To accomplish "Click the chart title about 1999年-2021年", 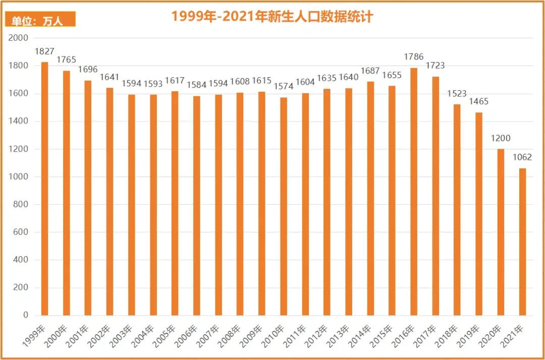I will point(272,17).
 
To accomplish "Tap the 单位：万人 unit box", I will point(40,20).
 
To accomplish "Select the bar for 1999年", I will point(44,189).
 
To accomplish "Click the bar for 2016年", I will point(414,192).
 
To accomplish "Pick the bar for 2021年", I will point(522,242).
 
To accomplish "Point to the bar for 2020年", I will point(501,232).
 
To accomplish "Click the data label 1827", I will point(44,51).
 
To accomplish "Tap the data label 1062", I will point(522,157).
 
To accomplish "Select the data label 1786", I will point(414,57).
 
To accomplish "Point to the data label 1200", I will point(501,138).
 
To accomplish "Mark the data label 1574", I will point(284,86).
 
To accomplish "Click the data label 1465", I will point(479,101).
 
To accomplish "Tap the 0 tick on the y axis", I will point(25,315).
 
